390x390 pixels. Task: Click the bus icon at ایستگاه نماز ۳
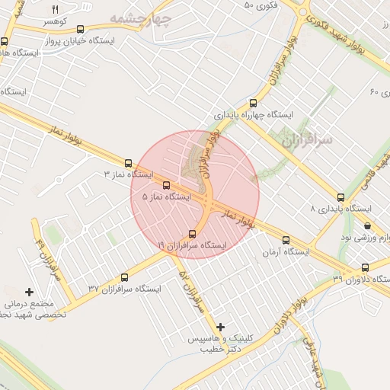coord(128,162)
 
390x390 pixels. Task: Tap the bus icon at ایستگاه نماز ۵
coord(166,185)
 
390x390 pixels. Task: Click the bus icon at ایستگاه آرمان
coord(286,239)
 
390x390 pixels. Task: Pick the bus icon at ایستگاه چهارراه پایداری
coord(253,104)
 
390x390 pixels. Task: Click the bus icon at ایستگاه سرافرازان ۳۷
coord(125,277)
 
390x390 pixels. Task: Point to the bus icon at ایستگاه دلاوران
coord(366,267)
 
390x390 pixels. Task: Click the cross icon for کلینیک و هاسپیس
coord(220,327)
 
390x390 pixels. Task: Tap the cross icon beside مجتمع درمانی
coord(30,292)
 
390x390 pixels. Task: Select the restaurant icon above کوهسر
coord(54,8)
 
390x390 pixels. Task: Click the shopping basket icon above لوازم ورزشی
coord(368,225)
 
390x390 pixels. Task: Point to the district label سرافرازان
coord(307,141)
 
